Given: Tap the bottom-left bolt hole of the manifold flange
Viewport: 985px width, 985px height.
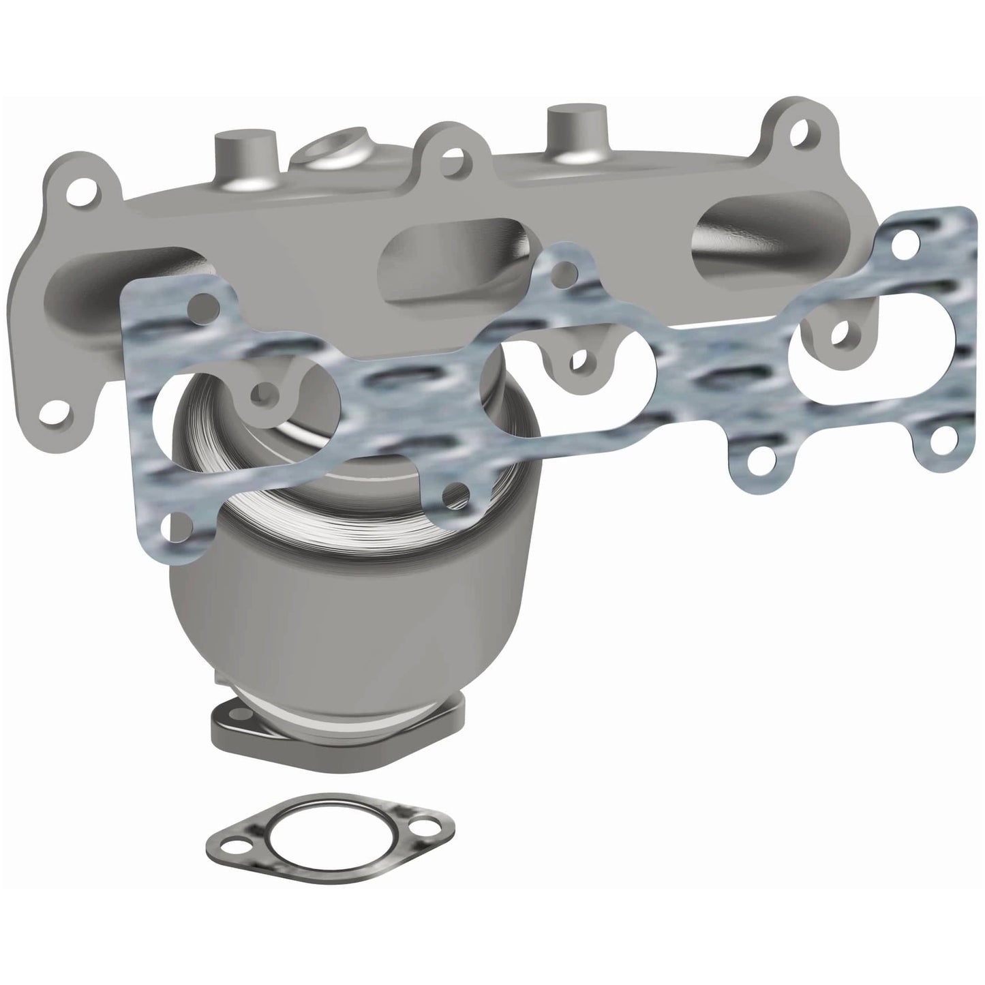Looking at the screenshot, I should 52,410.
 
